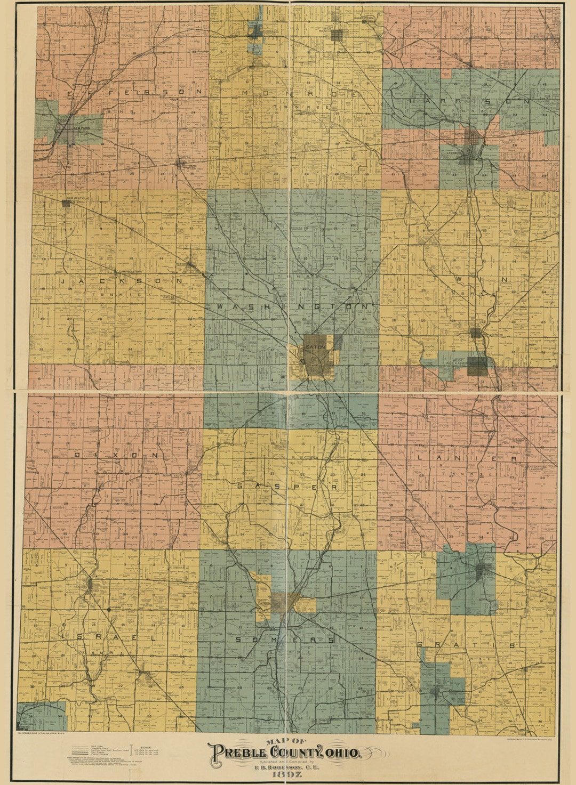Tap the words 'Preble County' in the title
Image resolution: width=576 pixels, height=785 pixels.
pos(267,753)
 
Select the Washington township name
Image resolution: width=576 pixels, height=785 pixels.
pos(293,307)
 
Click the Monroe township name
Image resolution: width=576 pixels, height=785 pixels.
pos(301,93)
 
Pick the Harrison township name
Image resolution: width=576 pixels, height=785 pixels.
pos(469,101)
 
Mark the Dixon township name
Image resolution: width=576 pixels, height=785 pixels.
pos(117,456)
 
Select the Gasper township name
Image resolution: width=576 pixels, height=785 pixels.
pos(287,487)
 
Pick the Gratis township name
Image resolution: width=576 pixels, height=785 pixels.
pos(466,645)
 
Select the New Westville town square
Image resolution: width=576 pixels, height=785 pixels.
pos(67,203)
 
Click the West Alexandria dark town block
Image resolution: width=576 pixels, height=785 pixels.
pos(477,366)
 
